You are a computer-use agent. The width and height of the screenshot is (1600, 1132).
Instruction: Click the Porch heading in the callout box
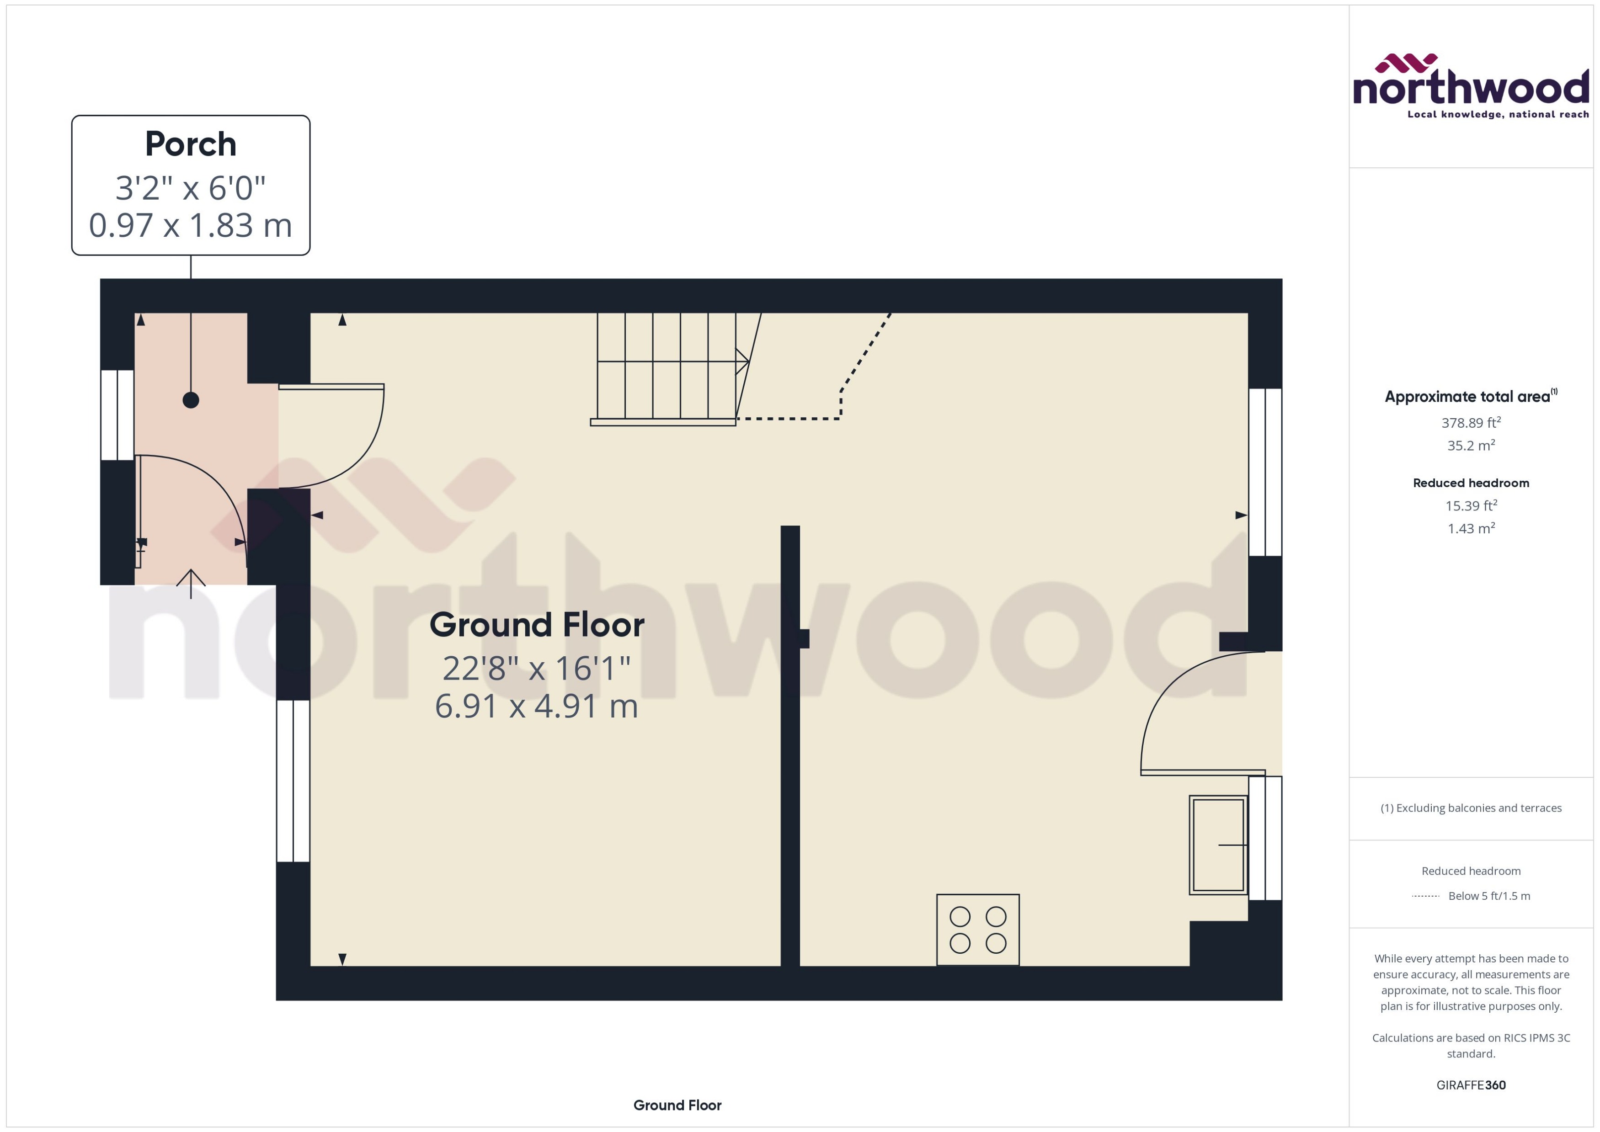tap(190, 144)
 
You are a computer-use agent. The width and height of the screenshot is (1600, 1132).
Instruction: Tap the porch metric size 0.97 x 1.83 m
tap(190, 225)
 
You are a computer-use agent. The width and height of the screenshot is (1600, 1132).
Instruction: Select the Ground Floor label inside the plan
tap(536, 625)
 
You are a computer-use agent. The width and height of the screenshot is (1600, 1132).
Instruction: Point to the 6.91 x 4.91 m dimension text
tap(536, 706)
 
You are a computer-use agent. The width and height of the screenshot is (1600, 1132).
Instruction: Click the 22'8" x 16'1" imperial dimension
tap(536, 669)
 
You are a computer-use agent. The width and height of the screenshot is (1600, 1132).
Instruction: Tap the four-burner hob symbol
tap(977, 930)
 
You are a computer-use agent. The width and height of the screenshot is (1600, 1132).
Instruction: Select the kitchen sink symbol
tap(1218, 845)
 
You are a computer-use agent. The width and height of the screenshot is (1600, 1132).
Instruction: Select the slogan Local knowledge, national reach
tap(1498, 114)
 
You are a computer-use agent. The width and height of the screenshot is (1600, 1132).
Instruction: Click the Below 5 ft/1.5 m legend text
tap(1489, 896)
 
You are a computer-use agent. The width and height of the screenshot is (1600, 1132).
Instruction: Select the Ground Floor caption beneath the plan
tap(677, 1105)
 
